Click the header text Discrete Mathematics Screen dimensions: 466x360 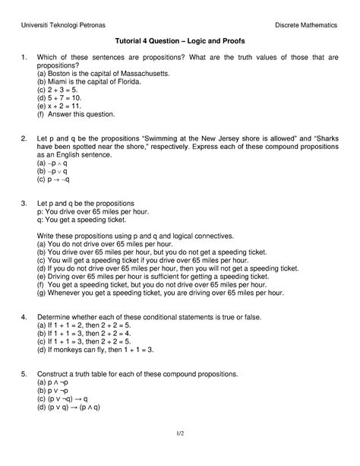(x=307, y=16)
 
